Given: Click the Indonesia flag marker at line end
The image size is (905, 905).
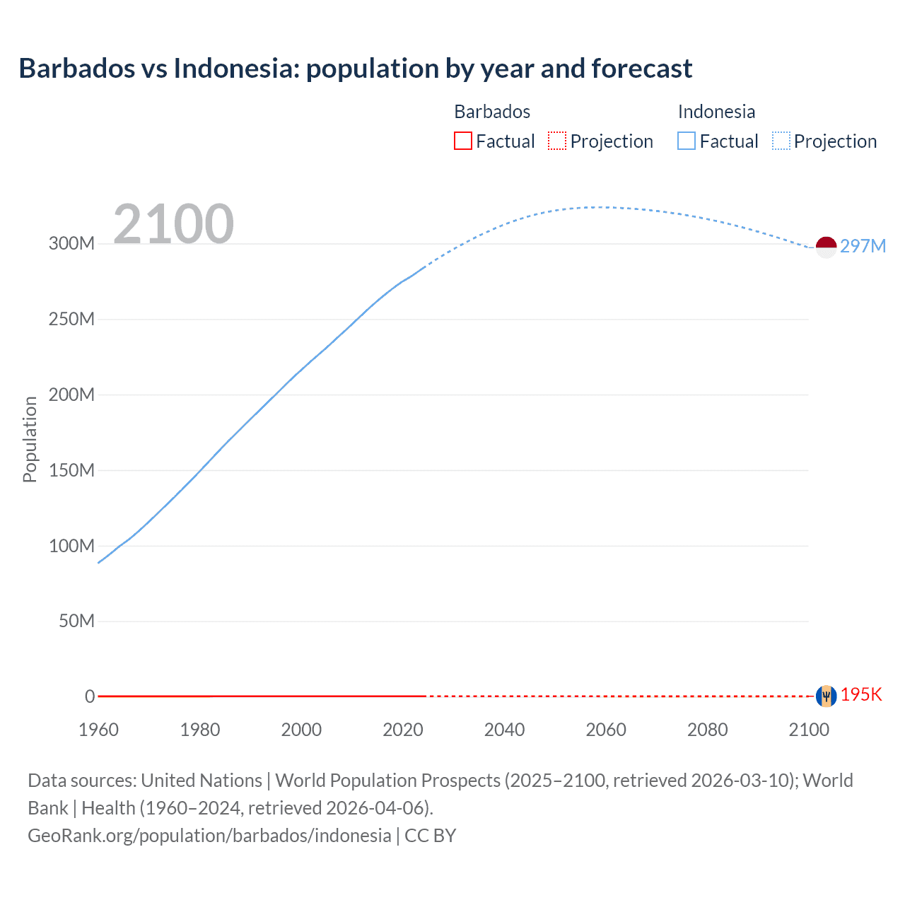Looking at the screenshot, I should [x=826, y=247].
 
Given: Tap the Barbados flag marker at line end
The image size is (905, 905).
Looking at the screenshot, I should [x=826, y=696].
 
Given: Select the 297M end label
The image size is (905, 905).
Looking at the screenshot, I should [x=863, y=246].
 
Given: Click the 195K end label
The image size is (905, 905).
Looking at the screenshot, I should [x=861, y=694].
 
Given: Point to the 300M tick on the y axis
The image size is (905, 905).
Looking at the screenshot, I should [x=71, y=244].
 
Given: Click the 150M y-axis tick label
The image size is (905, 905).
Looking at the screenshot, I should [x=71, y=470].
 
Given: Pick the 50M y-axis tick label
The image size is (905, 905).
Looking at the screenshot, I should [x=76, y=621].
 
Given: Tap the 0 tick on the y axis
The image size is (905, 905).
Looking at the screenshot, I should [x=90, y=696].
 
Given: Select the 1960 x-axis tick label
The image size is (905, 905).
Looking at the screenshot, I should [x=98, y=730].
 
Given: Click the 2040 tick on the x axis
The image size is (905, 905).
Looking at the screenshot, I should [x=504, y=730].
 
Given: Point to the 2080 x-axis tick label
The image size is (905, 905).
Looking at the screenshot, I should [x=707, y=730].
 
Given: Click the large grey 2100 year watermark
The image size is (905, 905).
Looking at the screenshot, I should [x=173, y=224].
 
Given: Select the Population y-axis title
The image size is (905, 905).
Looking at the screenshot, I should [x=30, y=439].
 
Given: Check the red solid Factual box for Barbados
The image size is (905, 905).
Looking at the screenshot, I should [x=463, y=141].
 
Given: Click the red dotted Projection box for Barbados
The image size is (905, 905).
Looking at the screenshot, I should [x=557, y=141].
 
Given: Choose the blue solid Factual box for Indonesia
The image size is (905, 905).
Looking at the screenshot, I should [x=687, y=141].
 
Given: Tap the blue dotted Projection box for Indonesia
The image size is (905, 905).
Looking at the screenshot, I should [x=781, y=141].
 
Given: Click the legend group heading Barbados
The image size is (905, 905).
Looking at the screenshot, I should [x=492, y=112].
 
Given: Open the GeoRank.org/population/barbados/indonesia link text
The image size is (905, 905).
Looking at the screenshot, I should [x=209, y=836].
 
